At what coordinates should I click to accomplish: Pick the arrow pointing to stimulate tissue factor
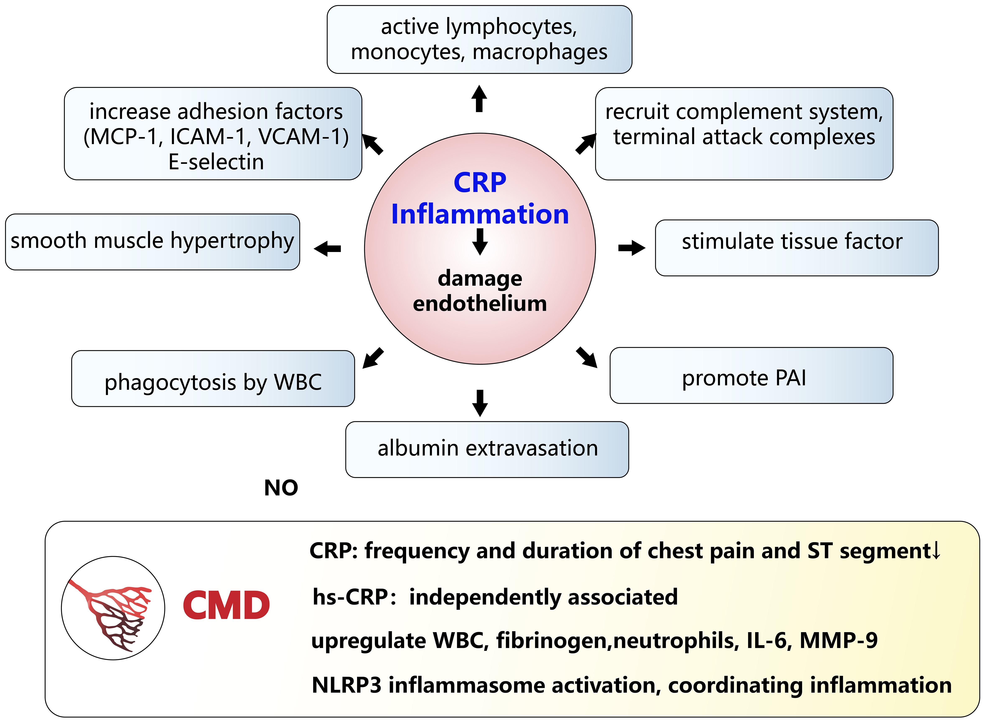tap(631, 248)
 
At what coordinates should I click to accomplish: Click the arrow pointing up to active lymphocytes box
tap(479, 99)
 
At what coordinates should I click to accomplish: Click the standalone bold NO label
tap(281, 488)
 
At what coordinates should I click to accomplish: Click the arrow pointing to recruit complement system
tap(586, 144)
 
